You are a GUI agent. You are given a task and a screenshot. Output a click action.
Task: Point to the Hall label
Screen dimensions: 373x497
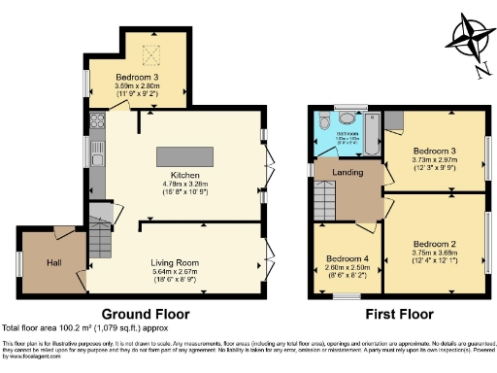click(54, 262)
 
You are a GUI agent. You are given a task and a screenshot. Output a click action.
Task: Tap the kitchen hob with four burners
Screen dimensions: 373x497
click(97, 122)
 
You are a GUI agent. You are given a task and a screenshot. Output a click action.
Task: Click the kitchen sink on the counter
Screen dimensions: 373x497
click(97, 155)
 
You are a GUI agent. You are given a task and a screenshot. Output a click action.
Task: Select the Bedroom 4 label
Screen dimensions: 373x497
click(346, 257)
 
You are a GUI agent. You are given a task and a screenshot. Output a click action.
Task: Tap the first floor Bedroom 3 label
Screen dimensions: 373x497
click(433, 152)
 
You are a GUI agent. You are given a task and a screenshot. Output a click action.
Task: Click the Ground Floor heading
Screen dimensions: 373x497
click(146, 314)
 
